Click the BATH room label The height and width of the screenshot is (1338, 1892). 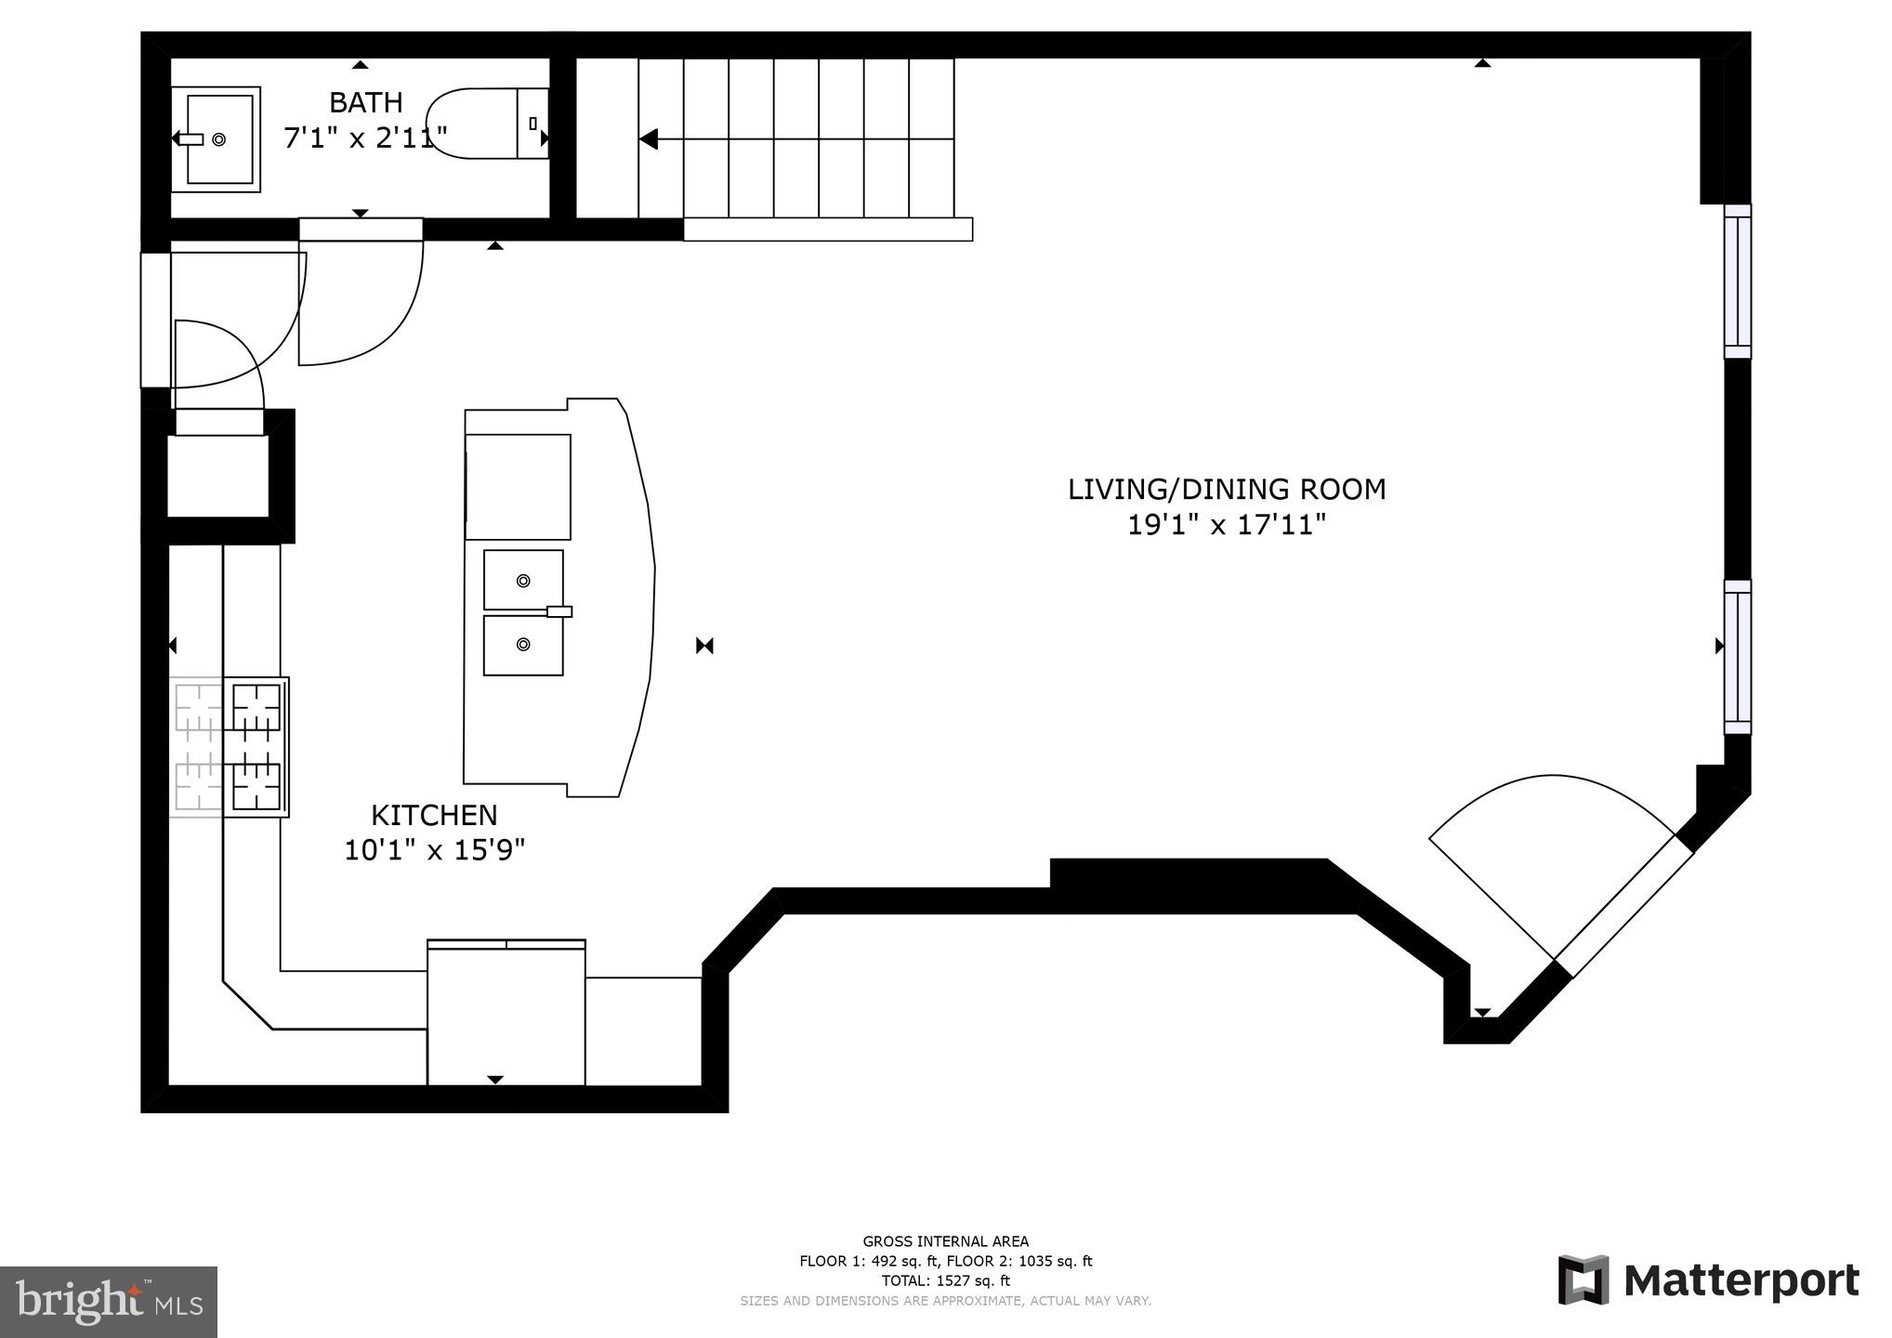(x=365, y=101)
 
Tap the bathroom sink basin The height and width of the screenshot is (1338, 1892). (x=220, y=139)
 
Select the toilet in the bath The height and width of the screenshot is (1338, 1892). (x=483, y=124)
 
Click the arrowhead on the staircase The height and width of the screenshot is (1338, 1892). (x=649, y=139)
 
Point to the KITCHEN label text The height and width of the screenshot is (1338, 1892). (x=434, y=815)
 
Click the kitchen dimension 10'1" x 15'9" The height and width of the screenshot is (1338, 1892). (x=434, y=850)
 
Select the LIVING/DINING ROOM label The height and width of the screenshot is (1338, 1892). (x=1226, y=490)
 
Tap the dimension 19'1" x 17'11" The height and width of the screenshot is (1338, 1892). (x=1226, y=526)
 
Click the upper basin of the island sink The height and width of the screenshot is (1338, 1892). (x=523, y=580)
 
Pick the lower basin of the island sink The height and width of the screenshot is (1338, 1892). (x=523, y=644)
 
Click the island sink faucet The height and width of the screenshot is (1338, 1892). (x=558, y=611)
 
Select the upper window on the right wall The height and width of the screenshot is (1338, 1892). (x=1737, y=282)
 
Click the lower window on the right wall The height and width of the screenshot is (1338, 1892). (x=1737, y=657)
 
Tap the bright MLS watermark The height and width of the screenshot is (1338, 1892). (x=108, y=1302)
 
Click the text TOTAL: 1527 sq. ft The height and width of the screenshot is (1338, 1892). (x=945, y=1280)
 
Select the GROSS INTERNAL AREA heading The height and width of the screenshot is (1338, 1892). (x=945, y=1241)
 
